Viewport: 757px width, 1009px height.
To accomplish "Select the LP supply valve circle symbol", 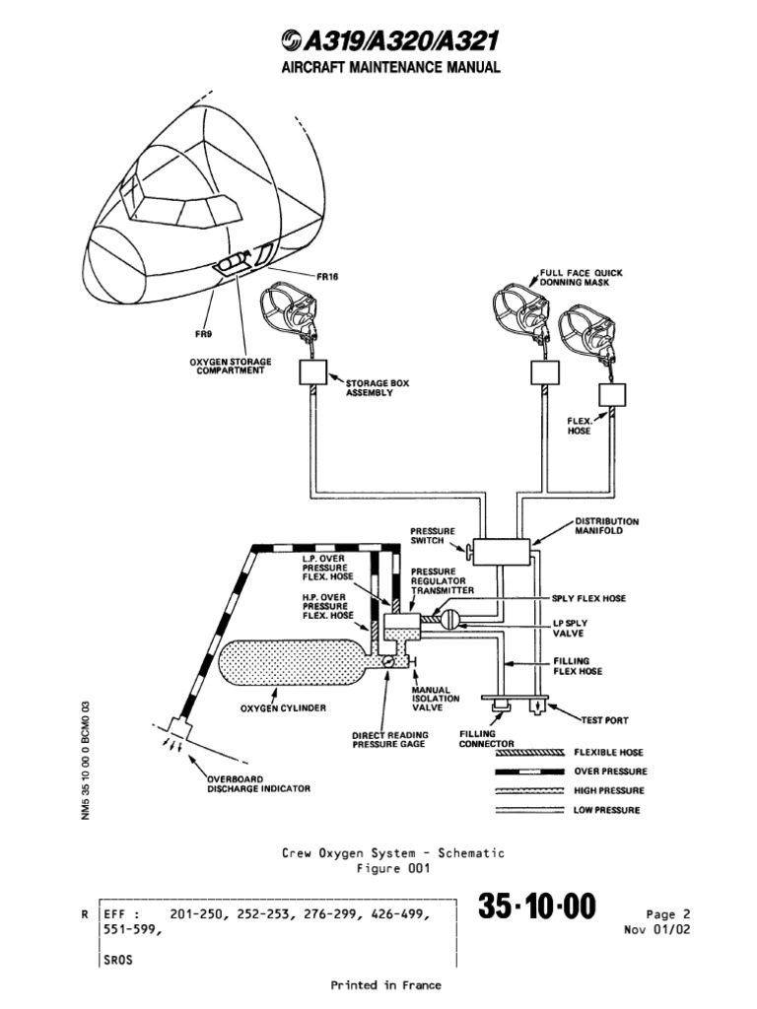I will click(450, 620).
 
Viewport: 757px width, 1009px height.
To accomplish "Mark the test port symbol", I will click(536, 706).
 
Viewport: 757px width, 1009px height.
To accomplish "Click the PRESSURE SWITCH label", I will click(433, 536).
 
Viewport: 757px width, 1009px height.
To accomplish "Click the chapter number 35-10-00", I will click(537, 908).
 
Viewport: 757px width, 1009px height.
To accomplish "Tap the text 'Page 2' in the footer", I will click(667, 913).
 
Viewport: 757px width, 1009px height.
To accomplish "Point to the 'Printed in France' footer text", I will click(385, 984).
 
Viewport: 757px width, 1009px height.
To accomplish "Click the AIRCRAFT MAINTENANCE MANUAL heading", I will click(378, 68).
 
